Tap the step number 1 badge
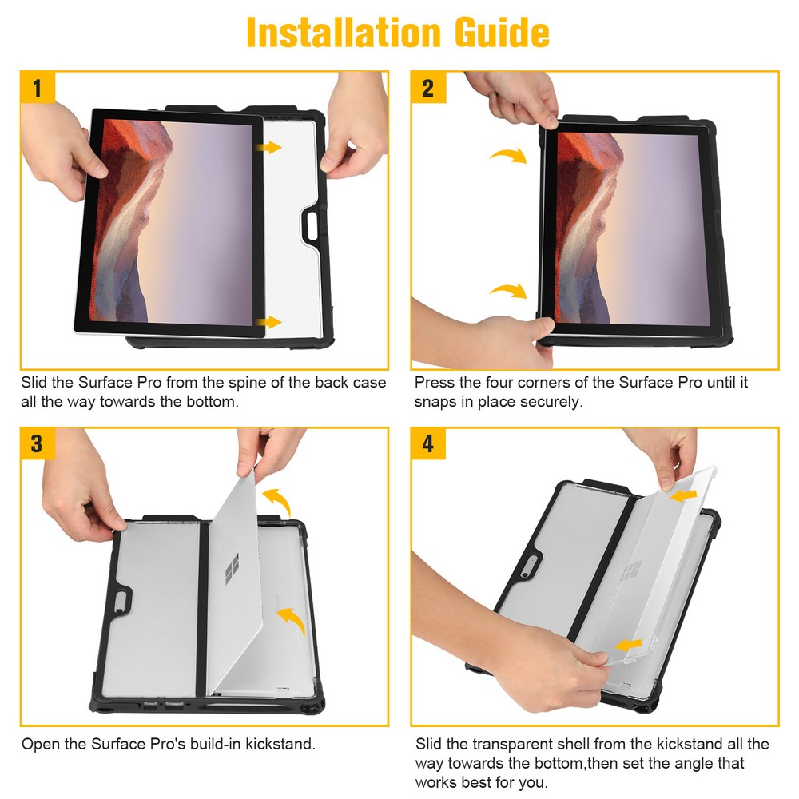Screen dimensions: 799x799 coord(38,87)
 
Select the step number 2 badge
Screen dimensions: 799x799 coord(428,87)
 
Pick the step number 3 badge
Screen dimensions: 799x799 coord(38,443)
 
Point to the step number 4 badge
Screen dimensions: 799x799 coord(428,443)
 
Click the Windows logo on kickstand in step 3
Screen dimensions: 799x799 coord(233,569)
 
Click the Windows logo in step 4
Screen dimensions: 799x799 coord(632,571)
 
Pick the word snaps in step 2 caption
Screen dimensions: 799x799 coord(435,401)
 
